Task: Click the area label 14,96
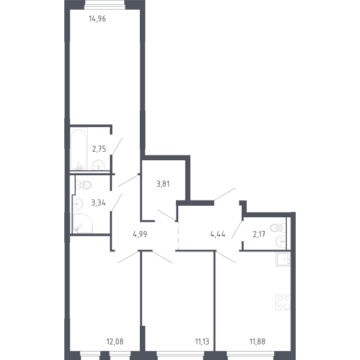pos(97,19)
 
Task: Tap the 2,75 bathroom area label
pos(99,149)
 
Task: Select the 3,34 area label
pos(98,203)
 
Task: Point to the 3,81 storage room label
pos(163,184)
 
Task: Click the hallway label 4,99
pos(140,235)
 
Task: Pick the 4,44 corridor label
pos(218,235)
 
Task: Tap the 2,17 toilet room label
pos(259,235)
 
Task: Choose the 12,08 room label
pos(115,341)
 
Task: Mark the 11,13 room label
pos(202,341)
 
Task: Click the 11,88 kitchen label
pos(257,341)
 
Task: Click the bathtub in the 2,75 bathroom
pos(79,150)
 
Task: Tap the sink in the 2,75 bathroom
pos(98,165)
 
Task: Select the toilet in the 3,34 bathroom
pos(83,185)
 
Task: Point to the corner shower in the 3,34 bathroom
pos(83,223)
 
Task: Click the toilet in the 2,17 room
pos(278,228)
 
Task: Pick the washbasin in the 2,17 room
pos(281,242)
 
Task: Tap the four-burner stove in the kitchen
pos(283,302)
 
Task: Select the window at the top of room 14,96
pos(104,5)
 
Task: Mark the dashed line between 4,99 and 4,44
pos(178,236)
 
